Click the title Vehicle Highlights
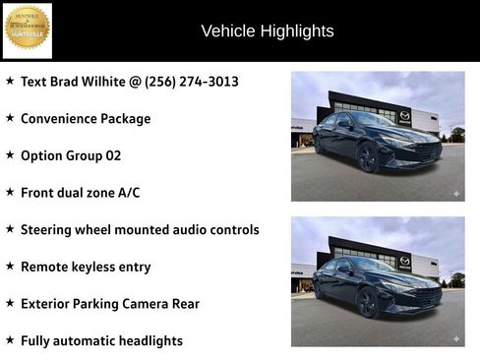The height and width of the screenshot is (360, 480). (268, 30)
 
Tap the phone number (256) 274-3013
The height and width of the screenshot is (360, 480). (192, 82)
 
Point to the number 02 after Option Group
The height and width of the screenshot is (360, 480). (113, 155)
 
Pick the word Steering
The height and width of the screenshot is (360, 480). (50, 229)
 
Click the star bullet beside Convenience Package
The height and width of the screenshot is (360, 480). (10, 118)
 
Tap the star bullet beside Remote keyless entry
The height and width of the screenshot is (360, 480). (10, 266)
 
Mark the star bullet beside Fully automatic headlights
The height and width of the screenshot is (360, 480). (10, 339)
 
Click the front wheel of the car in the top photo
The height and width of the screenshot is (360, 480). (368, 156)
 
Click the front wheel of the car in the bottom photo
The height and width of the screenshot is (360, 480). (368, 302)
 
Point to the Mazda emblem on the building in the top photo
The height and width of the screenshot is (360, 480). (404, 116)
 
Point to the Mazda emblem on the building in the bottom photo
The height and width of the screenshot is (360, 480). (404, 262)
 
